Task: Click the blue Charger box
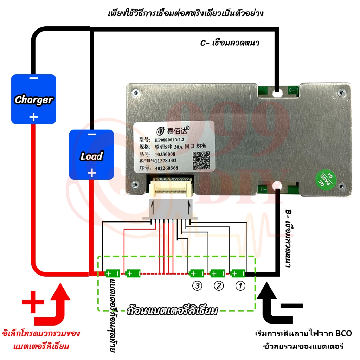coord(34,99)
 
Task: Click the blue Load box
coord(91,155)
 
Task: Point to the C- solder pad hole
coord(277,94)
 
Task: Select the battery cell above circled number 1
coord(238,274)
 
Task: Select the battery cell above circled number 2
coord(218,274)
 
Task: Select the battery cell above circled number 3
coord(197,274)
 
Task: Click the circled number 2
coord(219,286)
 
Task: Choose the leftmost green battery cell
coord(112,274)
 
